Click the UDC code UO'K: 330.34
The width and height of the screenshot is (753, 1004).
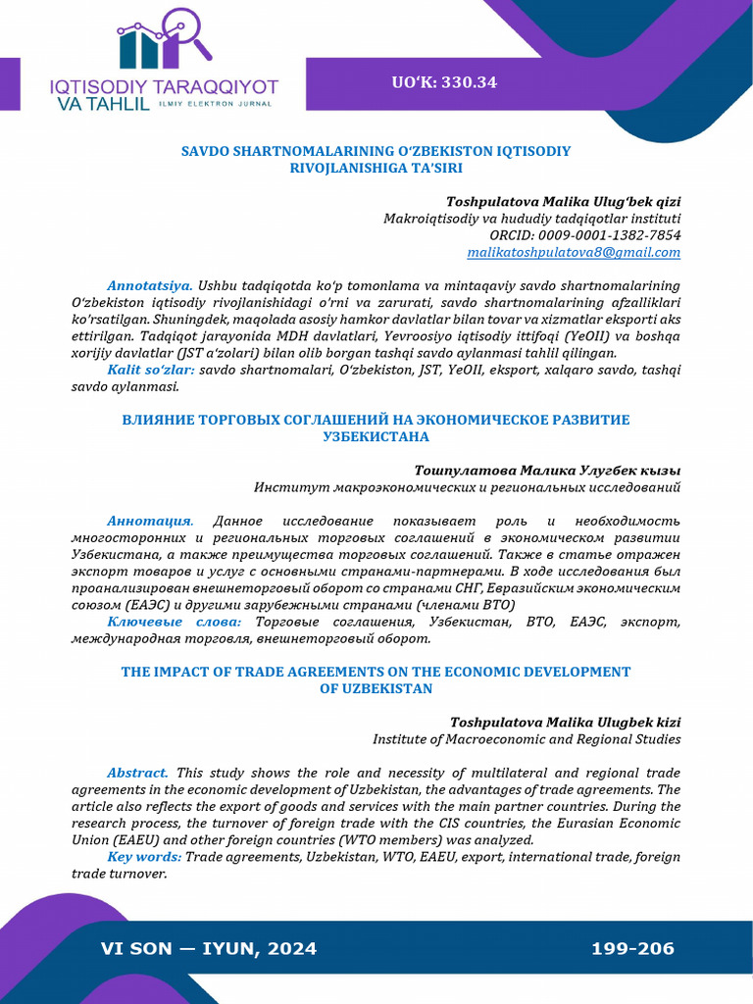(444, 82)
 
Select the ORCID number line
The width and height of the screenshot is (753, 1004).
(584, 235)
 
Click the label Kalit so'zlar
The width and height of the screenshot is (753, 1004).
(151, 370)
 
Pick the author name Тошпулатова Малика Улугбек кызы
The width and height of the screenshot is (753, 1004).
(547, 470)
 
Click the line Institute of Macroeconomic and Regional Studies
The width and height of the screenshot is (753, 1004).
(527, 739)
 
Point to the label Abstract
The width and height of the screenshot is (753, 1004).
(137, 773)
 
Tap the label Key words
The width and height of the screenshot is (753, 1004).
(144, 857)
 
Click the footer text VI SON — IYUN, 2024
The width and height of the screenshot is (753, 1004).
(209, 948)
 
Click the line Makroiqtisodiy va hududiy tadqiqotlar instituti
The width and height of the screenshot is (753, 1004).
(531, 219)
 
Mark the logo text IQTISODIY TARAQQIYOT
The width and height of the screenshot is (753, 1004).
(164, 86)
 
